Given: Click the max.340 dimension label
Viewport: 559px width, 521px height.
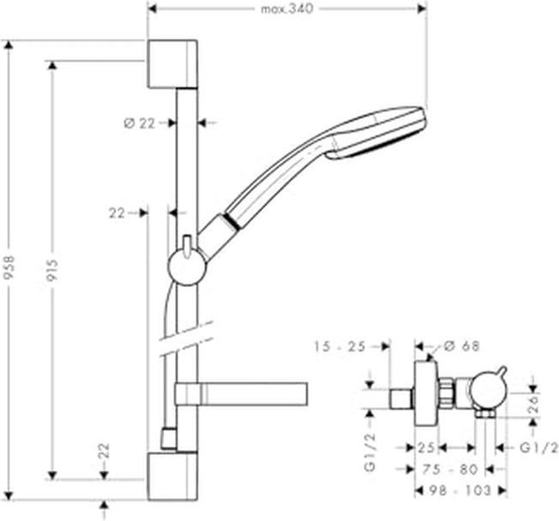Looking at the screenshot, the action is (287, 9).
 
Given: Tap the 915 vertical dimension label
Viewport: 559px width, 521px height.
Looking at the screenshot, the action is (52, 270).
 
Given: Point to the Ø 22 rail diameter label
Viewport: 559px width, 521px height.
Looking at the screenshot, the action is (140, 123).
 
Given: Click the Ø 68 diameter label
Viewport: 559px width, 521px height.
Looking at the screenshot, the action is (462, 345).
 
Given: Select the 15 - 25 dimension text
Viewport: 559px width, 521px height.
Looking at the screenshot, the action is (340, 346).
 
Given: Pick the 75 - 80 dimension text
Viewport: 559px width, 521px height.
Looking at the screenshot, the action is (450, 470).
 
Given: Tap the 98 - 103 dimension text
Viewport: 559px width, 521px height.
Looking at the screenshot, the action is (460, 491).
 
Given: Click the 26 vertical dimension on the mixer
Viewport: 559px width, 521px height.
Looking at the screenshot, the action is (534, 405).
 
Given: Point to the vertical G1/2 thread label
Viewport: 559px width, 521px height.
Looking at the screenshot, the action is (370, 452).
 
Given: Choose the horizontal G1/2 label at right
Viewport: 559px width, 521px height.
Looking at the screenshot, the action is (538, 447).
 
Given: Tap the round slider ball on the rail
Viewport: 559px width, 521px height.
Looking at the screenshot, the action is (187, 266).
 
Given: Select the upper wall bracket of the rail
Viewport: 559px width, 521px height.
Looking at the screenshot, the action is (172, 64).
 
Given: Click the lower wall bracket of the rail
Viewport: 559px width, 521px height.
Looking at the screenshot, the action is (172, 476).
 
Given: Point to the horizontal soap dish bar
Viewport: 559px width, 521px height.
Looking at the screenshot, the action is (242, 394).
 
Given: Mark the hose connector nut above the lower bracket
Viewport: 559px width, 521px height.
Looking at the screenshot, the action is (169, 438).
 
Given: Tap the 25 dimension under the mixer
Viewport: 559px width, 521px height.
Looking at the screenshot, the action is (426, 447).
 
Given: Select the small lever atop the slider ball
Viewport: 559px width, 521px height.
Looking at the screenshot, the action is (186, 246).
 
